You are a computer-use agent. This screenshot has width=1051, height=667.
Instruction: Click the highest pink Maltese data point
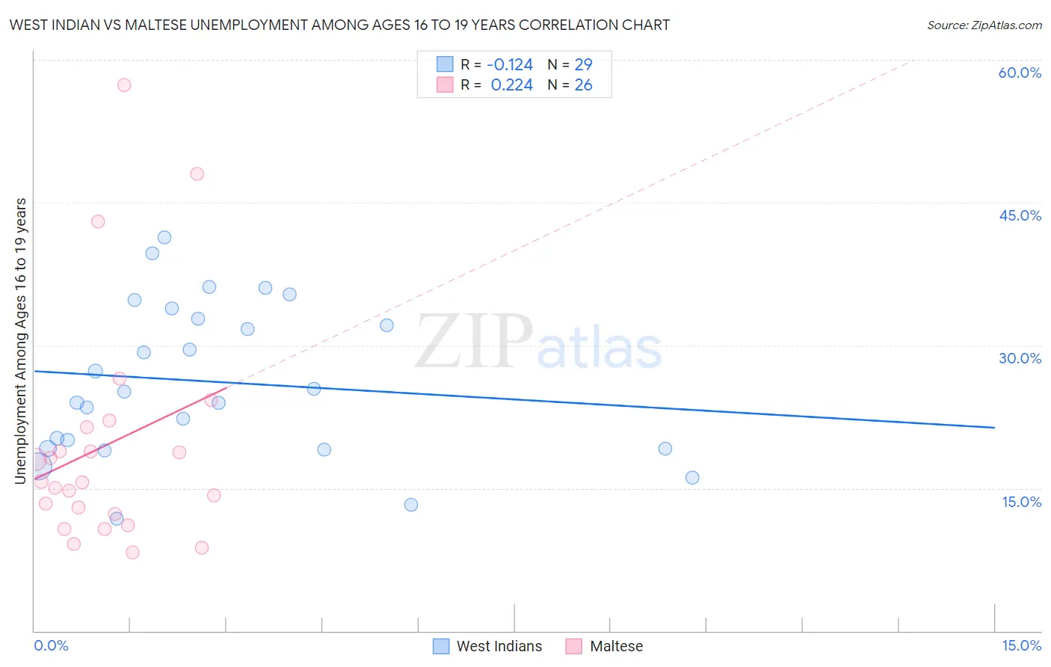click(124, 85)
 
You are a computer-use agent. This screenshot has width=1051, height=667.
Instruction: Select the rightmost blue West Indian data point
click(692, 478)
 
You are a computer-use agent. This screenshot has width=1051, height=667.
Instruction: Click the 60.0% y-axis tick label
click(1020, 73)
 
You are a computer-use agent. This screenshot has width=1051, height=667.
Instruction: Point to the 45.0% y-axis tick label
click(1020, 215)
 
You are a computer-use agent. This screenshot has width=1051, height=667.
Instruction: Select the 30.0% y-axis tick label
click(1020, 358)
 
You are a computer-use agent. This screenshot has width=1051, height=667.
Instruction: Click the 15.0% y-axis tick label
click(1021, 502)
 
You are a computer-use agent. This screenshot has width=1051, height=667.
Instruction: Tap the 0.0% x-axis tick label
click(51, 645)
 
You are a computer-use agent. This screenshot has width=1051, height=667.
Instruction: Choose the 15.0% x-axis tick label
click(1021, 645)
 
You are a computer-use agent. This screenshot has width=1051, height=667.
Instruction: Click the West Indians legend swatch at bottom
click(442, 646)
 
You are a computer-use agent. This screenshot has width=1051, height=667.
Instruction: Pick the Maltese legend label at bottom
click(616, 646)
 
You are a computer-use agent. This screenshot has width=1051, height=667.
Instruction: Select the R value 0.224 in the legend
click(511, 85)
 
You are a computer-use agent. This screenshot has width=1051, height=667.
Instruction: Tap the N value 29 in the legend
click(583, 65)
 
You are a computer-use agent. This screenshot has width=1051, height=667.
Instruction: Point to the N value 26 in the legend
click(583, 85)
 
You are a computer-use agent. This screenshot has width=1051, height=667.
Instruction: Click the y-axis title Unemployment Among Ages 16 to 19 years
click(21, 341)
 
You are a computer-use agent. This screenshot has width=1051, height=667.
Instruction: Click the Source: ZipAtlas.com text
click(984, 25)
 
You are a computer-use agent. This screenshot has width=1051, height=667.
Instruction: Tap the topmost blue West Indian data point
click(164, 238)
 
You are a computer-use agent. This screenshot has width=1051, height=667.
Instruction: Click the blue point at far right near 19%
click(665, 449)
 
